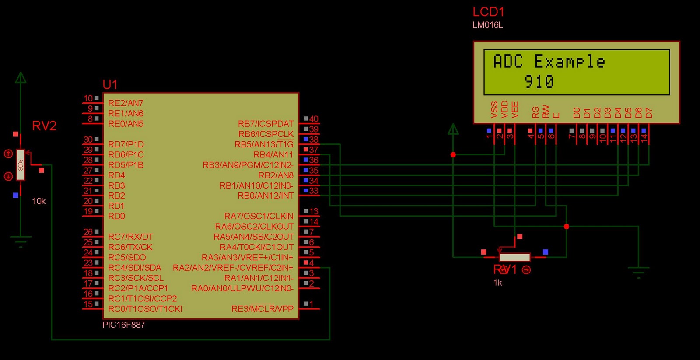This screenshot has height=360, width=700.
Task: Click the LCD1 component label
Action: (488, 12)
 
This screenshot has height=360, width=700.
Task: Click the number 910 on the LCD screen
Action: (539, 82)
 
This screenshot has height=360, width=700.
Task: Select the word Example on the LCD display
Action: (570, 62)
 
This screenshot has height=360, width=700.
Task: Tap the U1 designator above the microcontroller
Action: (110, 84)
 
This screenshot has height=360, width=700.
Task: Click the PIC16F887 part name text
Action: (124, 325)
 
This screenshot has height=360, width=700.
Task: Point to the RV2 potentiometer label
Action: (44, 126)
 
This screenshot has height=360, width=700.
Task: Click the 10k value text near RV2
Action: (38, 201)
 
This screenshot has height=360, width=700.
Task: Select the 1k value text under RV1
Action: (498, 283)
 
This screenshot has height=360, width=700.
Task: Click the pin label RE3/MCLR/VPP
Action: (262, 309)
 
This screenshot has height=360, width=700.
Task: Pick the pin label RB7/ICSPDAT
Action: (266, 124)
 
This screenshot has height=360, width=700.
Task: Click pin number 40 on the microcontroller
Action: (314, 119)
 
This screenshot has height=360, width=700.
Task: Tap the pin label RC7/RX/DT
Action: (130, 237)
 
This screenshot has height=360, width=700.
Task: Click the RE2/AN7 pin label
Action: (126, 103)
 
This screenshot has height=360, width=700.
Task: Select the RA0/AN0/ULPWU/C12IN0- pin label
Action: (242, 288)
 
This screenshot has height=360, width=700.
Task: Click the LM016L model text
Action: (487, 25)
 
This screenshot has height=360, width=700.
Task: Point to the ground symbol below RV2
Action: (21, 241)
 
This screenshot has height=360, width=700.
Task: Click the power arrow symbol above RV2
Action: (21, 78)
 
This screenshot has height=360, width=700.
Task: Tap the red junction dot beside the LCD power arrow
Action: (453, 155)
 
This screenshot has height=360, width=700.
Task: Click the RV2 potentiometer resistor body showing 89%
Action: (20, 165)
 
